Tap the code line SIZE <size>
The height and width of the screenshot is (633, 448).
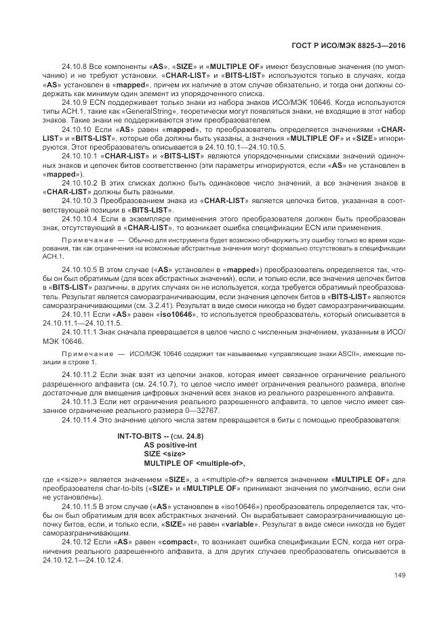[x=165, y=455]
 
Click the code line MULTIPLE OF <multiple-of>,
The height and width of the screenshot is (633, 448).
[x=194, y=464]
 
